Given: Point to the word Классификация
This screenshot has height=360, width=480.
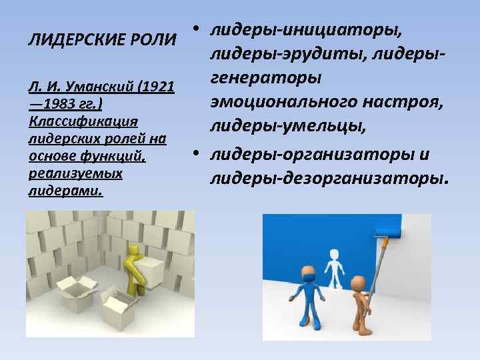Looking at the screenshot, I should tap(83, 122).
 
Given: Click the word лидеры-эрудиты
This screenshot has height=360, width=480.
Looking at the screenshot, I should tap(275, 55).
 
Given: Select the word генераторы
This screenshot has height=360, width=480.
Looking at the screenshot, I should tap(266, 79).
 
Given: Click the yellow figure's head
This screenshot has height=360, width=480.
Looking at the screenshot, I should tap(135, 251).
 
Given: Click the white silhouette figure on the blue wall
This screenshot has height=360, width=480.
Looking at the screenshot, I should tap(333, 267).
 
